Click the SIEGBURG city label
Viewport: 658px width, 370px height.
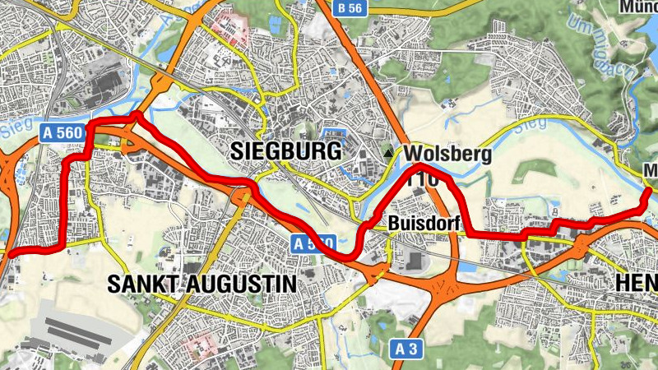(285, 151)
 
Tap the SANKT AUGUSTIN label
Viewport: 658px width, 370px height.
(202, 284)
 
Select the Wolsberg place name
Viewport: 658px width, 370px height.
(447, 155)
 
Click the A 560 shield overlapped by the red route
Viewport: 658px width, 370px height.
(313, 243)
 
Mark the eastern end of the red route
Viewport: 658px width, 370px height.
(651, 192)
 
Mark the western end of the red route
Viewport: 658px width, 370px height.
(7, 255)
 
